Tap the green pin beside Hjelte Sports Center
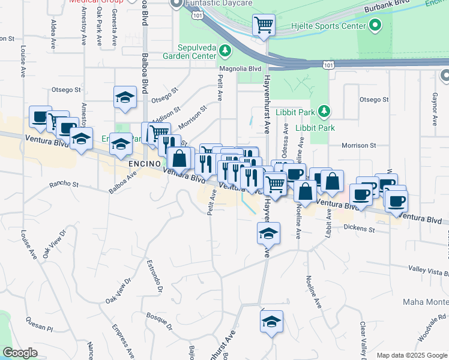coord(376,25)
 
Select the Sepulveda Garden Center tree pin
coord(225,51)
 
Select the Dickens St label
coord(359,229)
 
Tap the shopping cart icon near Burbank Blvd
coord(264,25)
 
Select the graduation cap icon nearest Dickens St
coord(268,233)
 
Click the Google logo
coord(20,353)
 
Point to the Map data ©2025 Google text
coord(412,355)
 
